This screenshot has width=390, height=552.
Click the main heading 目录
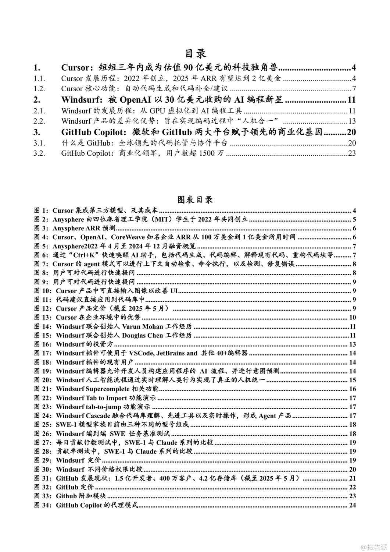click(x=195, y=54)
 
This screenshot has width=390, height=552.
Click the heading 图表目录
click(x=195, y=200)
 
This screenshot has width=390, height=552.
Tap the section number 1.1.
click(x=39, y=78)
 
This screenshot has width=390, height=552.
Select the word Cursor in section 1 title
click(x=75, y=68)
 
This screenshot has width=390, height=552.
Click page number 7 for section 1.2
click(x=354, y=89)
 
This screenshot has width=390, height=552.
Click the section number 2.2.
click(x=39, y=121)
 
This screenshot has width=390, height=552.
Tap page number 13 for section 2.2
click(x=352, y=121)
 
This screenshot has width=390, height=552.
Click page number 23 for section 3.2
click(x=352, y=153)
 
